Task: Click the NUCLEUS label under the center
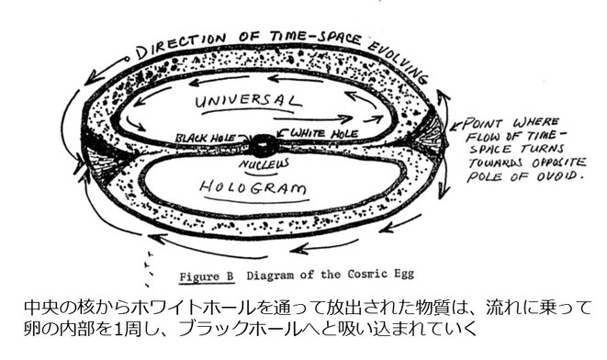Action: pyautogui.click(x=265, y=161)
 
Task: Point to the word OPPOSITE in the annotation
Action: pyautogui.click(x=552, y=165)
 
